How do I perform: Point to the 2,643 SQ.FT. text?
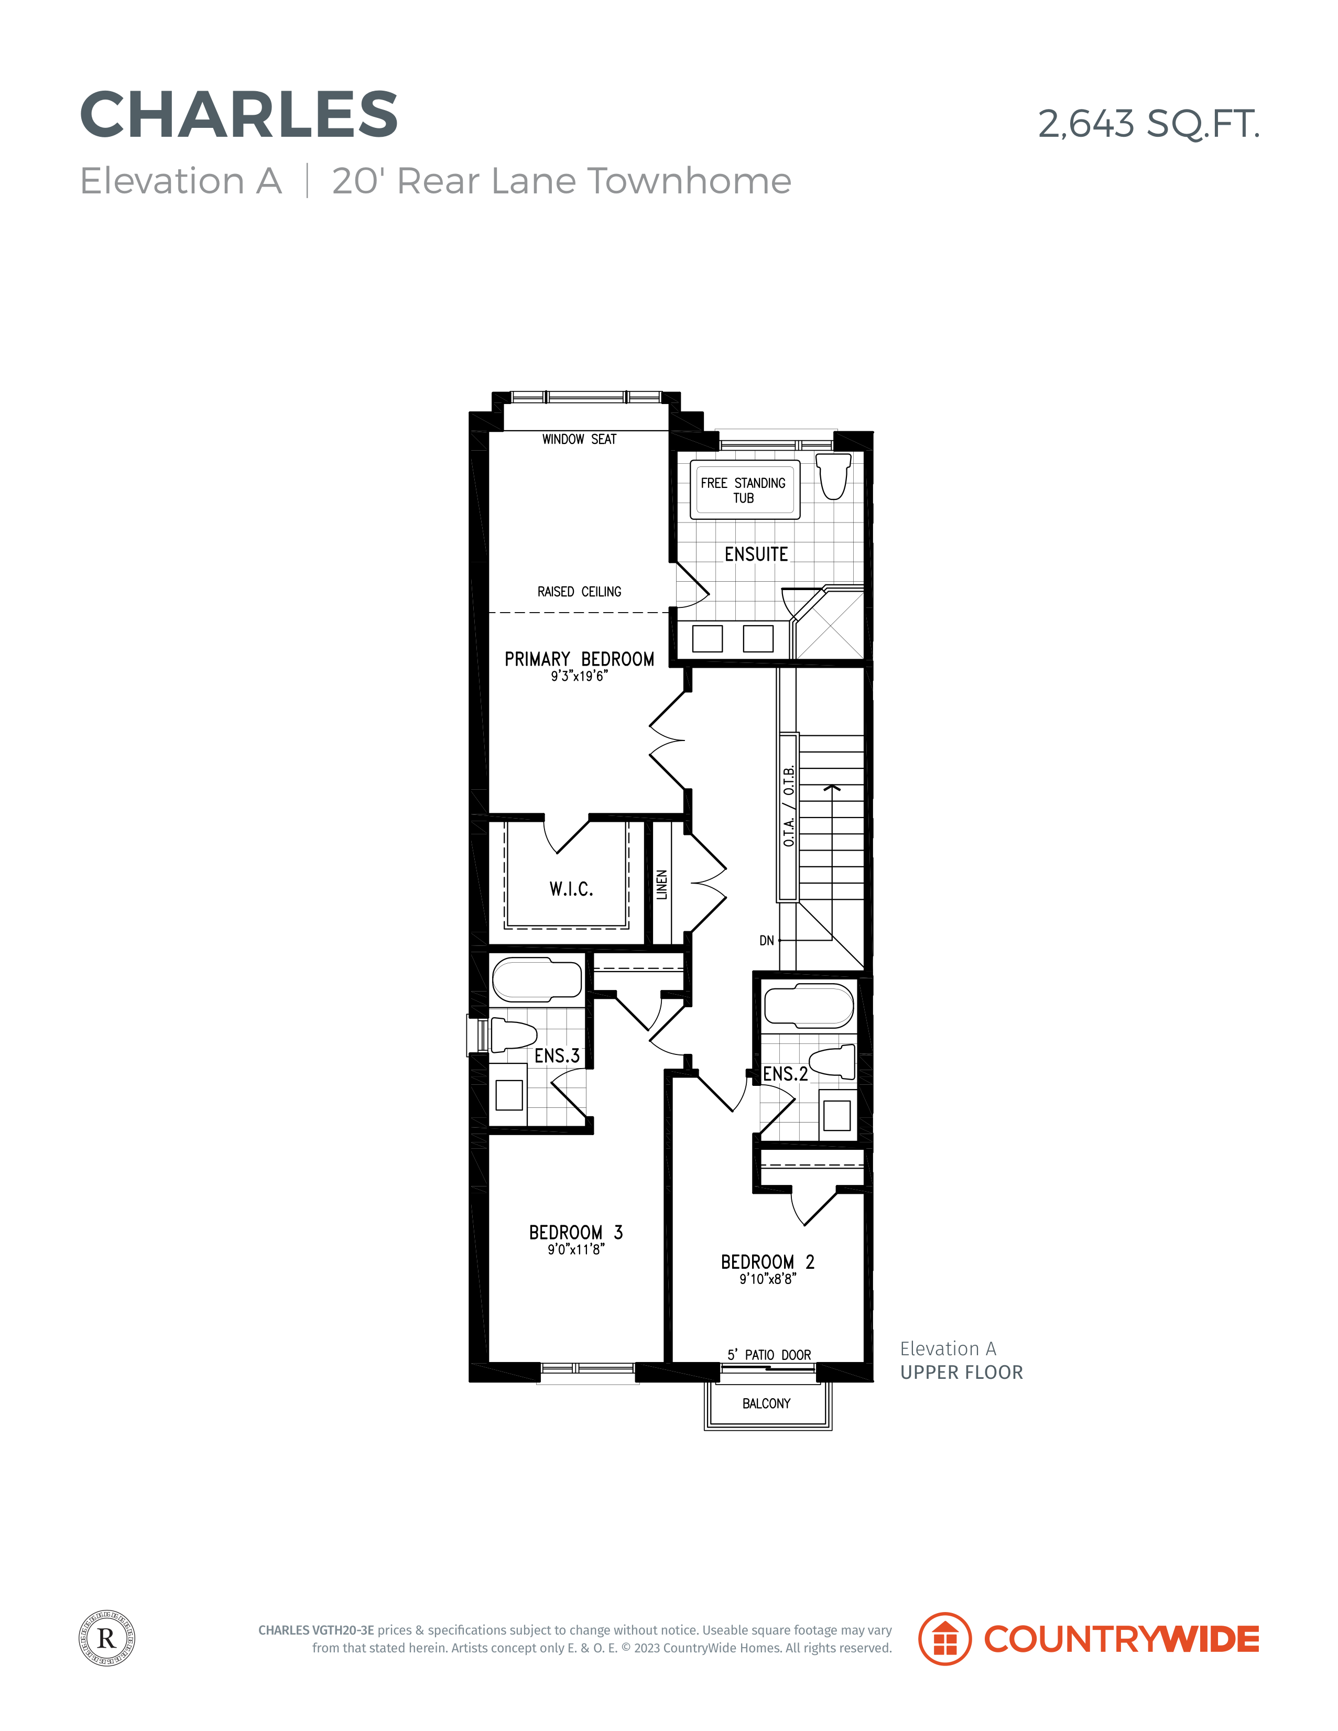(1149, 124)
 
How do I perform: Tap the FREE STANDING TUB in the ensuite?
(744, 490)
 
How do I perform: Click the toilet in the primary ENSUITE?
(834, 475)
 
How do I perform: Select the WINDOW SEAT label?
(580, 439)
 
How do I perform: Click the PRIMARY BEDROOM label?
(580, 659)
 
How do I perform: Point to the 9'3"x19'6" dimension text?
(580, 676)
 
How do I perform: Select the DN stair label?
(767, 941)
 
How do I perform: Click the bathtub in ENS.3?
(537, 979)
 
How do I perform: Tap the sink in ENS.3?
(509, 1095)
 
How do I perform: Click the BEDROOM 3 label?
(576, 1233)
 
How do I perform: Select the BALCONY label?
(767, 1403)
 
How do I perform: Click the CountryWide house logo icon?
(945, 1638)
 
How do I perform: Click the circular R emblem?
(107, 1638)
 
